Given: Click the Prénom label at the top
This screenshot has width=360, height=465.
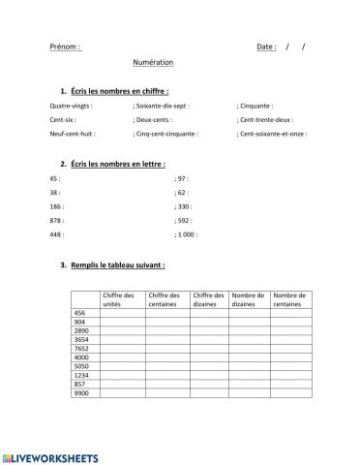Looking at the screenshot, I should click(65, 46).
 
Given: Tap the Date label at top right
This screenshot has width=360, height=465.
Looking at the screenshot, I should click(266, 46).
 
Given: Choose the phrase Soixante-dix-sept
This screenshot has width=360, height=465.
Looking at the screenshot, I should click(163, 106).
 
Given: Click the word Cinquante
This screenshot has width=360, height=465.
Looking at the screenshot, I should click(255, 106).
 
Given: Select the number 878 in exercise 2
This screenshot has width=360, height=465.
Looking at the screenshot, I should click(54, 221).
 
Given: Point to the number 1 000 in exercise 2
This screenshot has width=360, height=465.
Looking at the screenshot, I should click(186, 234).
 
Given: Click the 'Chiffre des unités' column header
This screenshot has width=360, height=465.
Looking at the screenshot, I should click(120, 299).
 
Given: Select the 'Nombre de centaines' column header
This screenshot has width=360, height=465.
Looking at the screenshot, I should click(289, 299).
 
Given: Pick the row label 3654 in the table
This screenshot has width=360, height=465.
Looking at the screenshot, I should click(81, 340).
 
